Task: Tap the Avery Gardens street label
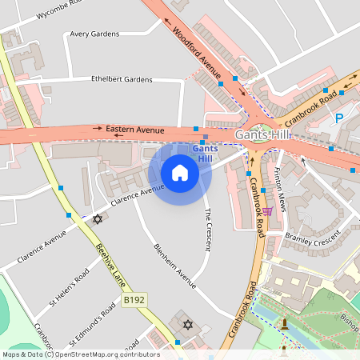pos(94,34)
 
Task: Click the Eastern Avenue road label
pos(134,129)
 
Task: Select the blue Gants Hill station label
pos(204,153)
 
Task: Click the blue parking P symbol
pos(338,118)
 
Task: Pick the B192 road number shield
pos(134,300)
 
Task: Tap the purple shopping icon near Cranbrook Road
pos(267,211)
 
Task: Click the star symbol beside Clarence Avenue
pos(98,218)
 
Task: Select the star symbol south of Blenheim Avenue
pos(189,325)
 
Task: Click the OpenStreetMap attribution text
pos(80,354)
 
